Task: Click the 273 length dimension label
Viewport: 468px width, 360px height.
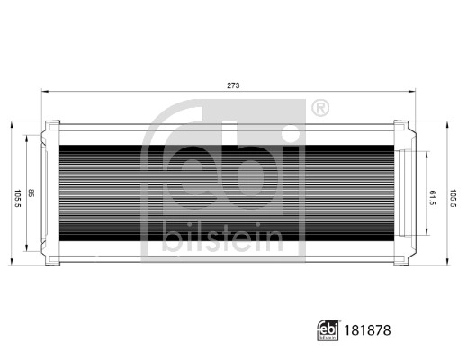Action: pyautogui.click(x=232, y=85)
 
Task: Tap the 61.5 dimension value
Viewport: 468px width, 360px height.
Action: pyautogui.click(x=433, y=195)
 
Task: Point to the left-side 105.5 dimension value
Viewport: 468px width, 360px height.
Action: pyautogui.click(x=17, y=193)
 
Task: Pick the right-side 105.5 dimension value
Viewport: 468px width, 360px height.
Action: pyautogui.click(x=453, y=193)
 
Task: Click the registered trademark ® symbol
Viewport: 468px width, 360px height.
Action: pyautogui.click(x=319, y=110)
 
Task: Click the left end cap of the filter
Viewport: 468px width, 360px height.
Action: pyautogui.click(x=50, y=193)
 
